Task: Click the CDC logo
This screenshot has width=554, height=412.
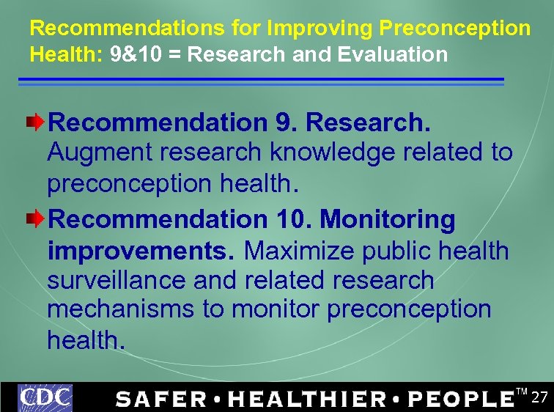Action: click(x=45, y=397)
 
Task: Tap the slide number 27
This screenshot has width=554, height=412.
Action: click(x=539, y=398)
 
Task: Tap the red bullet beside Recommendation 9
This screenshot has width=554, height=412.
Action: click(x=41, y=122)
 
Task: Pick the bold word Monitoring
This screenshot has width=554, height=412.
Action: click(x=388, y=219)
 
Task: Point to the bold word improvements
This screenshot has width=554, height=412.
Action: click(x=141, y=251)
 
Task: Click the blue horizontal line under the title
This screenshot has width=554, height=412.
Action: click(x=261, y=80)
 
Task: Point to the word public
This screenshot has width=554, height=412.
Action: click(x=396, y=251)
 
